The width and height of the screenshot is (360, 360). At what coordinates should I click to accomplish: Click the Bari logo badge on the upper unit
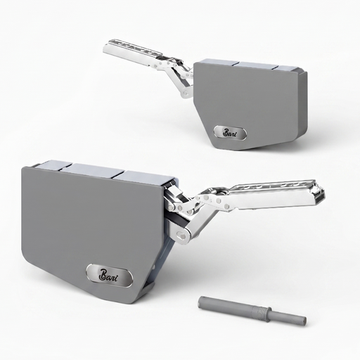[231, 133]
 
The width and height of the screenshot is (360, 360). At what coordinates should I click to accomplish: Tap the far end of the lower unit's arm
[322, 193]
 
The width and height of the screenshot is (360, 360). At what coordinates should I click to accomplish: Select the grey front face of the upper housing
[243, 98]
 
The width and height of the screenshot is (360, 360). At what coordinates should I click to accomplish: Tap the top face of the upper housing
[246, 65]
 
